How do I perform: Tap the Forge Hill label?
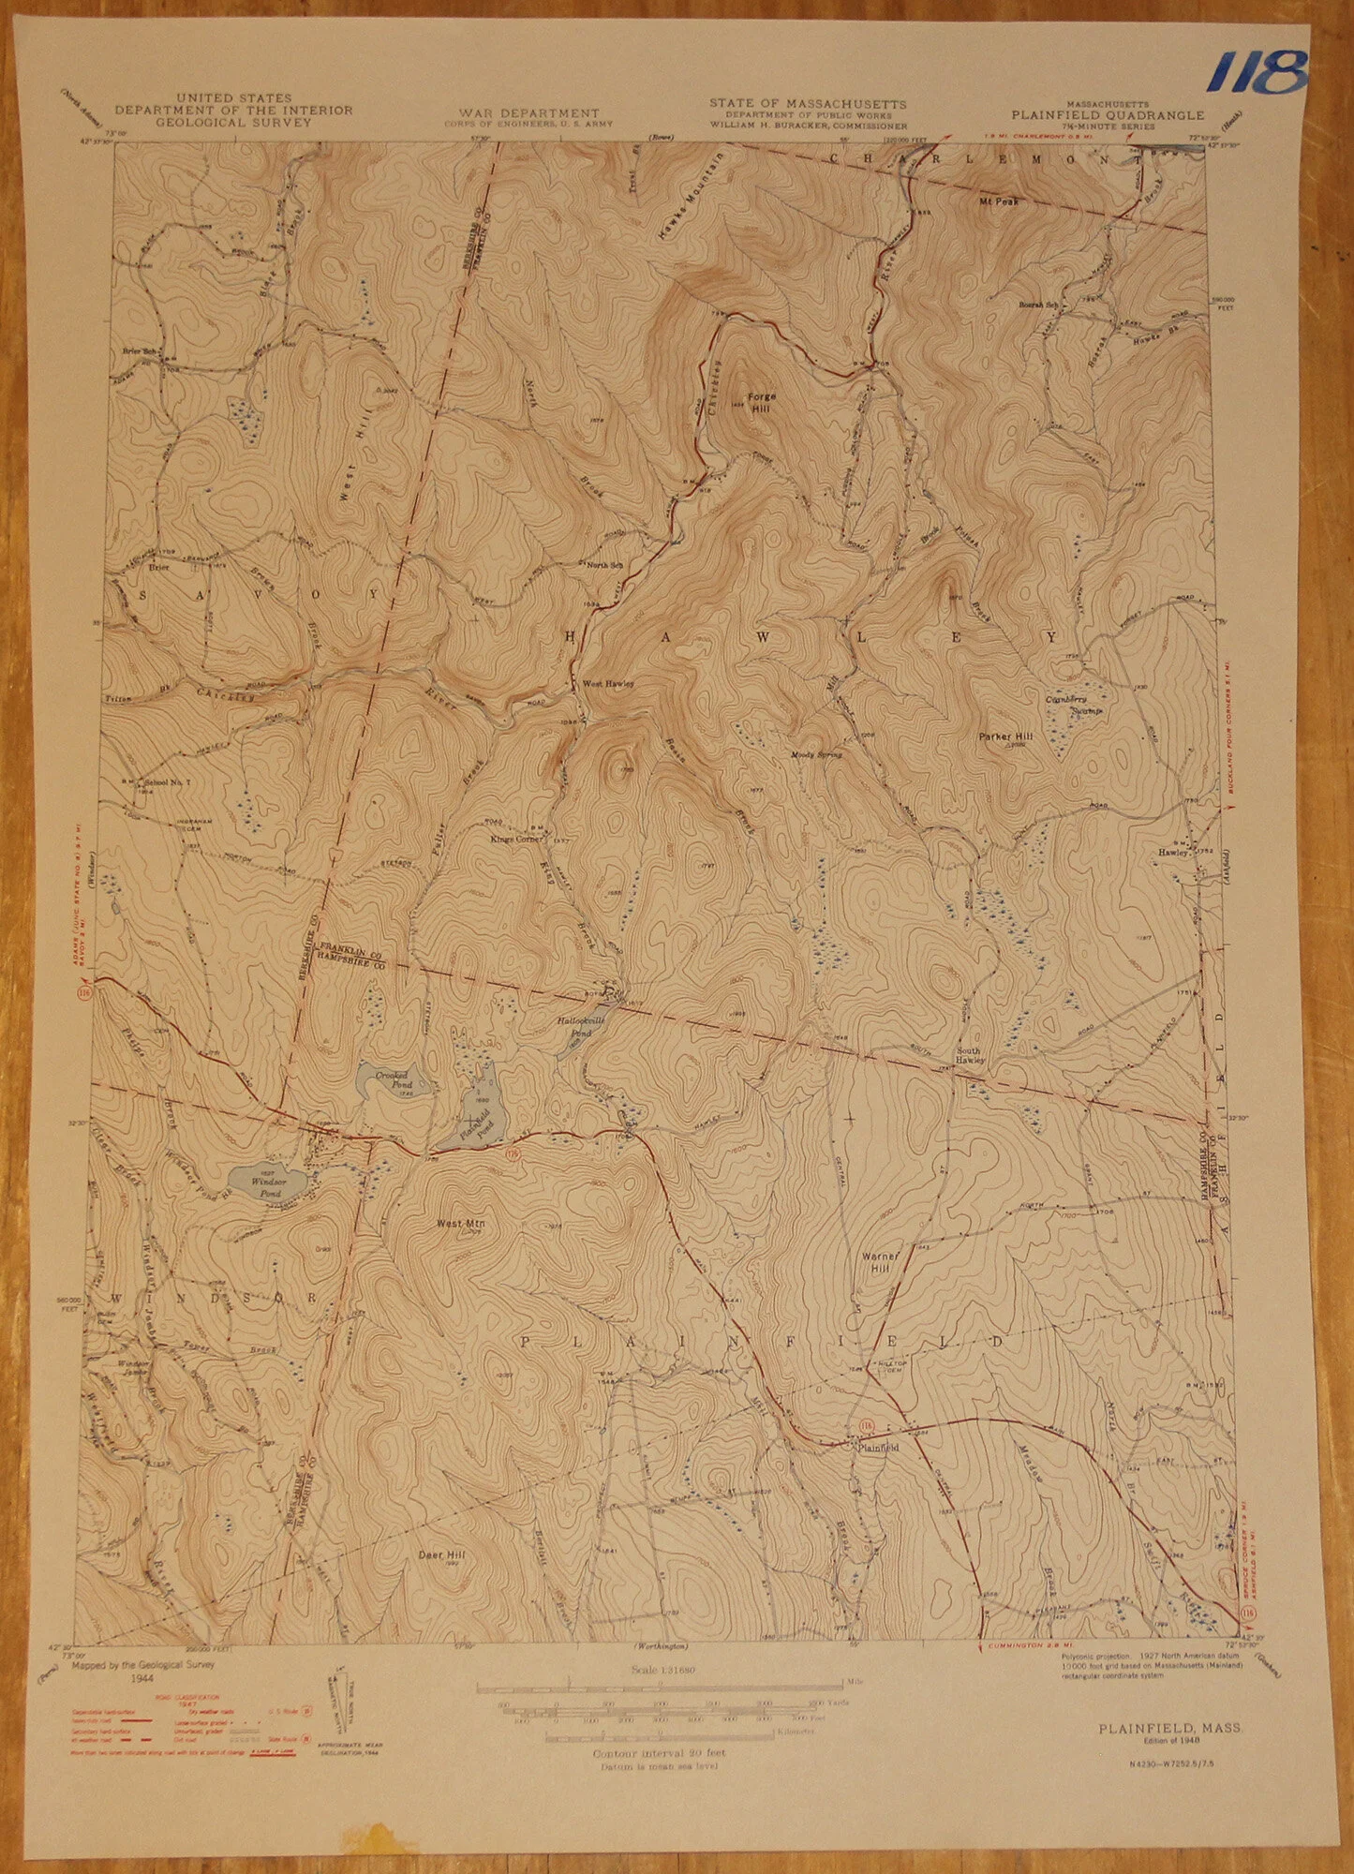click(x=760, y=402)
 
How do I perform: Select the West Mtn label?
click(x=459, y=1224)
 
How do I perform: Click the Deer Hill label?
click(x=441, y=1554)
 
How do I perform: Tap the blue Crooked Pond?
click(x=393, y=1083)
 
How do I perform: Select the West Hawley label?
click(x=608, y=684)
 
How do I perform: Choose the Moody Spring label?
click(x=816, y=754)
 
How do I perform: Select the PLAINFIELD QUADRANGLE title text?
click(x=1107, y=115)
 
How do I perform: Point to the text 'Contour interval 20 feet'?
click(x=659, y=1752)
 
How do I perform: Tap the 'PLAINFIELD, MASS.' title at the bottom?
click(x=1171, y=1729)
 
